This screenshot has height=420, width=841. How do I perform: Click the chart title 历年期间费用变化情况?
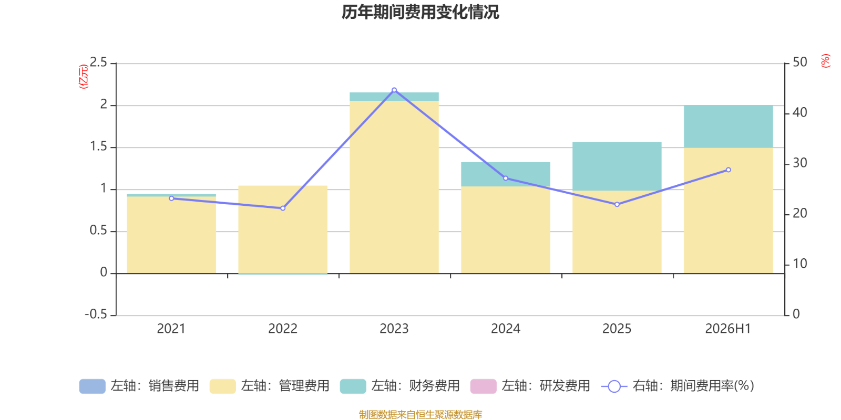[420, 12]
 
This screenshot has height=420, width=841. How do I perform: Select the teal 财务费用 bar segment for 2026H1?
[728, 127]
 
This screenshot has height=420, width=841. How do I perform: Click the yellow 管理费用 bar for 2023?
[394, 187]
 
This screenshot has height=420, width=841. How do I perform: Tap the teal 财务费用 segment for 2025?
[617, 166]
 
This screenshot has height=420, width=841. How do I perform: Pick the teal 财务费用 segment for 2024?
[505, 174]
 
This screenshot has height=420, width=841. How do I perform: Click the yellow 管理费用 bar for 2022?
[283, 229]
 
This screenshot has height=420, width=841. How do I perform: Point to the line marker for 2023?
[394, 90]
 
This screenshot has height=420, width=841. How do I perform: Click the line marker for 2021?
[171, 198]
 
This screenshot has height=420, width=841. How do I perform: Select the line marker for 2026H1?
[729, 170]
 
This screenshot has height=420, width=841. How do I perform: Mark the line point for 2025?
[617, 204]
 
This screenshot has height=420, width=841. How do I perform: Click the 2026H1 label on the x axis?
[727, 329]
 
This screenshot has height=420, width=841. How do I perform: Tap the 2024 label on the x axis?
[505, 329]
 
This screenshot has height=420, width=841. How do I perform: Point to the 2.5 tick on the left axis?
[98, 62]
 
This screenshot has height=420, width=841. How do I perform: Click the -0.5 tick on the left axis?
[96, 314]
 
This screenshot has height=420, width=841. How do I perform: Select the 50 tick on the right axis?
[800, 62]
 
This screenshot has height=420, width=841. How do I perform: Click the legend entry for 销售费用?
[139, 386]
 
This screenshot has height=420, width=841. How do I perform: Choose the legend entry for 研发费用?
[530, 386]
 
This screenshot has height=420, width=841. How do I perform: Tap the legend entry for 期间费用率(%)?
[678, 386]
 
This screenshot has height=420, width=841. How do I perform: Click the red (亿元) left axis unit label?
[84, 77]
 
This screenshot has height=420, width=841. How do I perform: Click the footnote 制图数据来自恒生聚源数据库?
[420, 414]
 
